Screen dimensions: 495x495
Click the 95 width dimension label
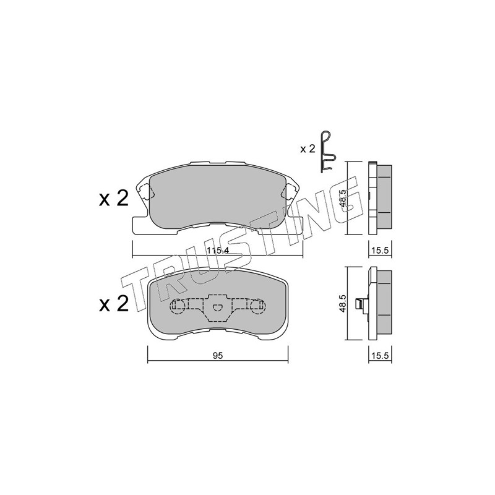click(218, 356)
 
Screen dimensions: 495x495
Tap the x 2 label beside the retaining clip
click(308, 148)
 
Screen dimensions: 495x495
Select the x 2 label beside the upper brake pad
click(114, 199)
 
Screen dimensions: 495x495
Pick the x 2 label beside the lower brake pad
click(114, 304)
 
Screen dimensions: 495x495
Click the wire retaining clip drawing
click(327, 152)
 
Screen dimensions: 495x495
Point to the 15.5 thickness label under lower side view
click(380, 356)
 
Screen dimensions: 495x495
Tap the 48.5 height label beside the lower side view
click(343, 303)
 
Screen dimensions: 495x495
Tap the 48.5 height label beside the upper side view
click(343, 198)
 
